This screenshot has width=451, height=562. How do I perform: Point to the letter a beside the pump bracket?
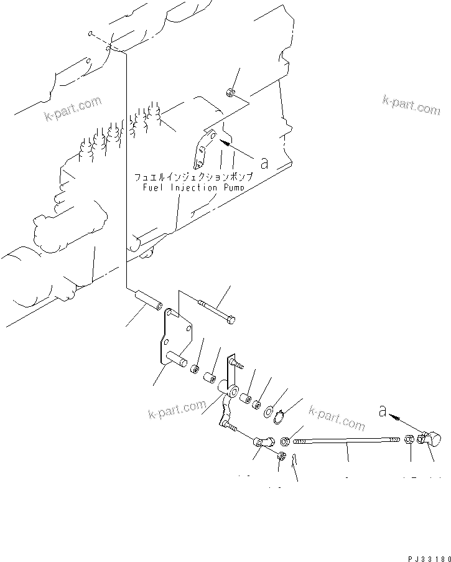point(264,163)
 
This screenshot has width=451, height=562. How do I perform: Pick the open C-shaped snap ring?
point(281,414)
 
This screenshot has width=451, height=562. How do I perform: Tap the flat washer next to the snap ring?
point(268,411)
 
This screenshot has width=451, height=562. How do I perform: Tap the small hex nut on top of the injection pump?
point(230,93)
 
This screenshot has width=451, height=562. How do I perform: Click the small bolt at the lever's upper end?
point(235,362)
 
